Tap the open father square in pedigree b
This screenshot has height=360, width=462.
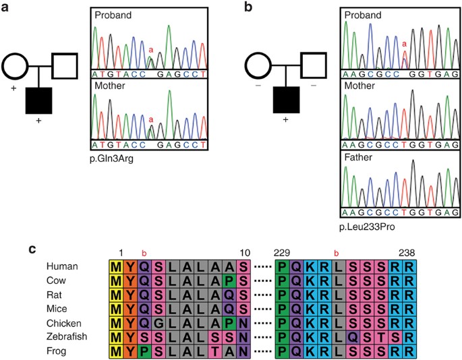pyautogui.click(x=315, y=66)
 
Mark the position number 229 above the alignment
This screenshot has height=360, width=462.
pyautogui.click(x=282, y=252)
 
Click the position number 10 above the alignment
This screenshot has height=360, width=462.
pyautogui.click(x=243, y=252)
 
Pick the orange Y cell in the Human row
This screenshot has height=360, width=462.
pyautogui.click(x=129, y=266)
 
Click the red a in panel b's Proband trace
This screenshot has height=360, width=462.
pyautogui.click(x=404, y=44)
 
